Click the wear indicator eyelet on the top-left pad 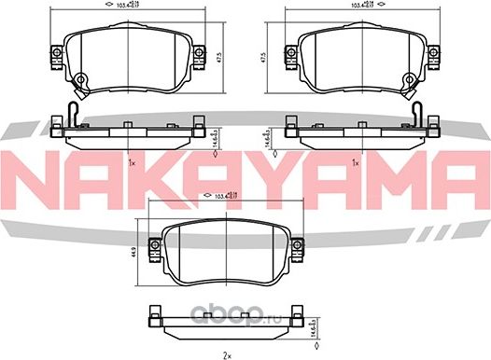81,80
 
